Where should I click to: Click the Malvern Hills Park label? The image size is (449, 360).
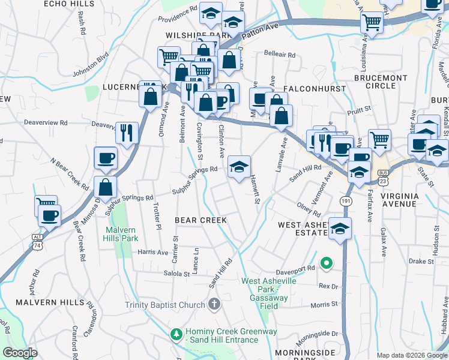click(121, 234)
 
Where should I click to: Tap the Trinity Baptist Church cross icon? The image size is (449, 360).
click(214, 305)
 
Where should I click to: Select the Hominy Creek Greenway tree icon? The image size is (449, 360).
click(176, 332)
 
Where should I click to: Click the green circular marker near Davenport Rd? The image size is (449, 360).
click(327, 262)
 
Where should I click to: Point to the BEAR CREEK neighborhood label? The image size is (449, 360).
click(200, 220)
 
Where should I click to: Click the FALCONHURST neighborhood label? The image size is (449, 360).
click(315, 88)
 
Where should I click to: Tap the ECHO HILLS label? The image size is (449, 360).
click(69, 4)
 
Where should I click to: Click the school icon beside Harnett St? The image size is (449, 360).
click(239, 167)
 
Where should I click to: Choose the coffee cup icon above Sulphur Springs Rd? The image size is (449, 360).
click(106, 158)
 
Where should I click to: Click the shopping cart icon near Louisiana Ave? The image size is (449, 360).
click(372, 23)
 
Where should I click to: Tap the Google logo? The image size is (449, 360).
click(20, 353)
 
